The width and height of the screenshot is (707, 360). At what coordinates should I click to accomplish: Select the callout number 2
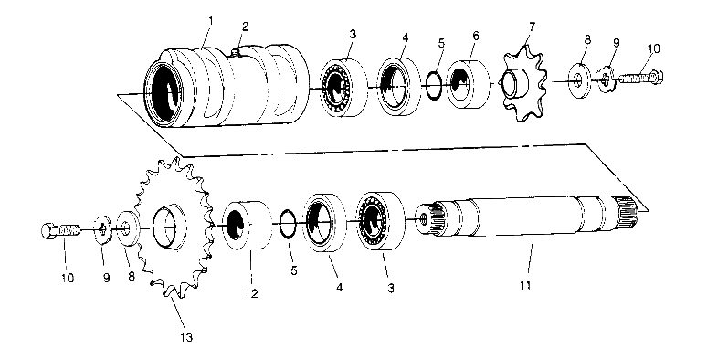click(x=245, y=26)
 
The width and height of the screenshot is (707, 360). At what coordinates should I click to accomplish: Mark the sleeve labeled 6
click(x=468, y=85)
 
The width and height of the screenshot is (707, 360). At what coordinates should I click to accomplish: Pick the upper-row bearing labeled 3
click(x=340, y=87)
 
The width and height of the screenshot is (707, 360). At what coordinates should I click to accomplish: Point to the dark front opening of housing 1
click(x=169, y=90)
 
